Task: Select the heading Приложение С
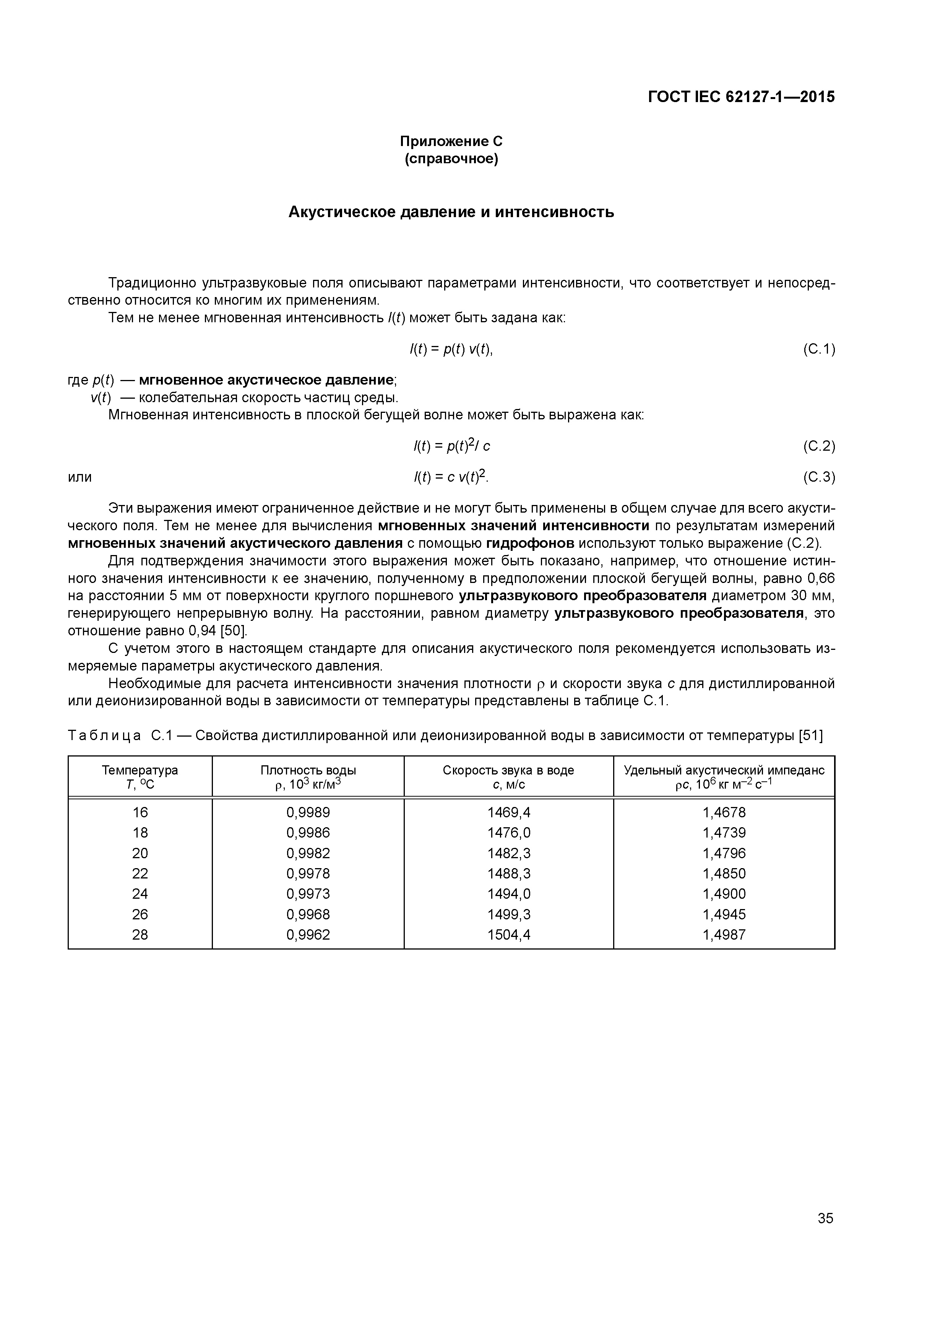click(451, 141)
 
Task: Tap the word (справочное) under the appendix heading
click(451, 159)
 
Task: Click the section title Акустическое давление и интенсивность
click(451, 212)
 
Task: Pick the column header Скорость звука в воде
click(508, 770)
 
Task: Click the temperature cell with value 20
click(140, 853)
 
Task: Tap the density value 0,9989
click(308, 812)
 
